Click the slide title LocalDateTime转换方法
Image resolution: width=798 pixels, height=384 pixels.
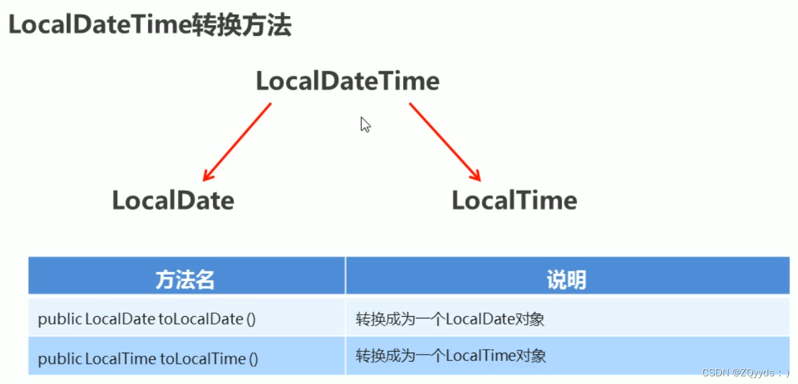click(150, 26)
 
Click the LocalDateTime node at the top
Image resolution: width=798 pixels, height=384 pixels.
click(348, 81)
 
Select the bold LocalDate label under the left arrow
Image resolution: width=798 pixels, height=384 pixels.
click(173, 201)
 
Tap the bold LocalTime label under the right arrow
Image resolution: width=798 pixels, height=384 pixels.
click(514, 201)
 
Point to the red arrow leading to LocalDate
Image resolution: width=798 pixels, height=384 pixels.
click(237, 142)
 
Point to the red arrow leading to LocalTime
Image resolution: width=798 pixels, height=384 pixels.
click(445, 142)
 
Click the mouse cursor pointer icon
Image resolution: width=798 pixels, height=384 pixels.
click(365, 125)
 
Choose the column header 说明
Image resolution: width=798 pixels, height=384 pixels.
click(566, 279)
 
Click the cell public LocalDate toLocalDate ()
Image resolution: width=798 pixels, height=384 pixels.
click(147, 320)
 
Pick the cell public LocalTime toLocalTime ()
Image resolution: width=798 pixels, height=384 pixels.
click(148, 359)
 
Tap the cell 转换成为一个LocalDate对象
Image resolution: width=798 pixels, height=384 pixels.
click(450, 320)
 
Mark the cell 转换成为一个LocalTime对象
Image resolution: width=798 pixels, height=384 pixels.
click(450, 356)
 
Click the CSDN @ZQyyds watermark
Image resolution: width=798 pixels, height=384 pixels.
click(745, 372)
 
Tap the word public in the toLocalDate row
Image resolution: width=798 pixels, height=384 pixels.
click(60, 320)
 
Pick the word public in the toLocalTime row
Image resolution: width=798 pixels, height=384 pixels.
click(60, 359)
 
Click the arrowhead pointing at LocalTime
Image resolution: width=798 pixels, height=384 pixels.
click(475, 175)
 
